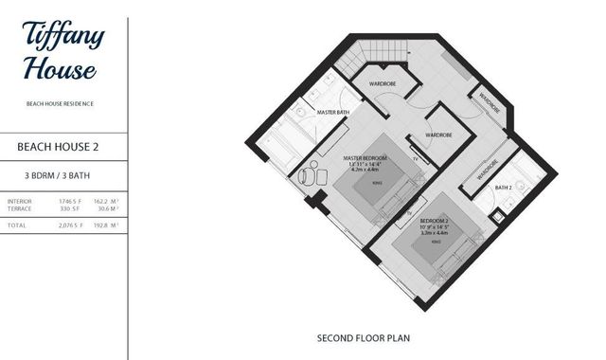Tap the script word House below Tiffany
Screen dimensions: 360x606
[x=59, y=69]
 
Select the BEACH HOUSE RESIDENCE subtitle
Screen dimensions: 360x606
[x=59, y=102]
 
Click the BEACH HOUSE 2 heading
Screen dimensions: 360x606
[x=59, y=148]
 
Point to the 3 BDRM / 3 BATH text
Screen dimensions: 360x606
[x=59, y=176]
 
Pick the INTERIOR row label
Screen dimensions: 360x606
[x=19, y=201]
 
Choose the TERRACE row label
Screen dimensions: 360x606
[x=19, y=209]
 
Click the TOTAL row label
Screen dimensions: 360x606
[x=16, y=225]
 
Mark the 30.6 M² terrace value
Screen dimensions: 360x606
[x=106, y=209]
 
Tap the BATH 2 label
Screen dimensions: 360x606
[x=504, y=188]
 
